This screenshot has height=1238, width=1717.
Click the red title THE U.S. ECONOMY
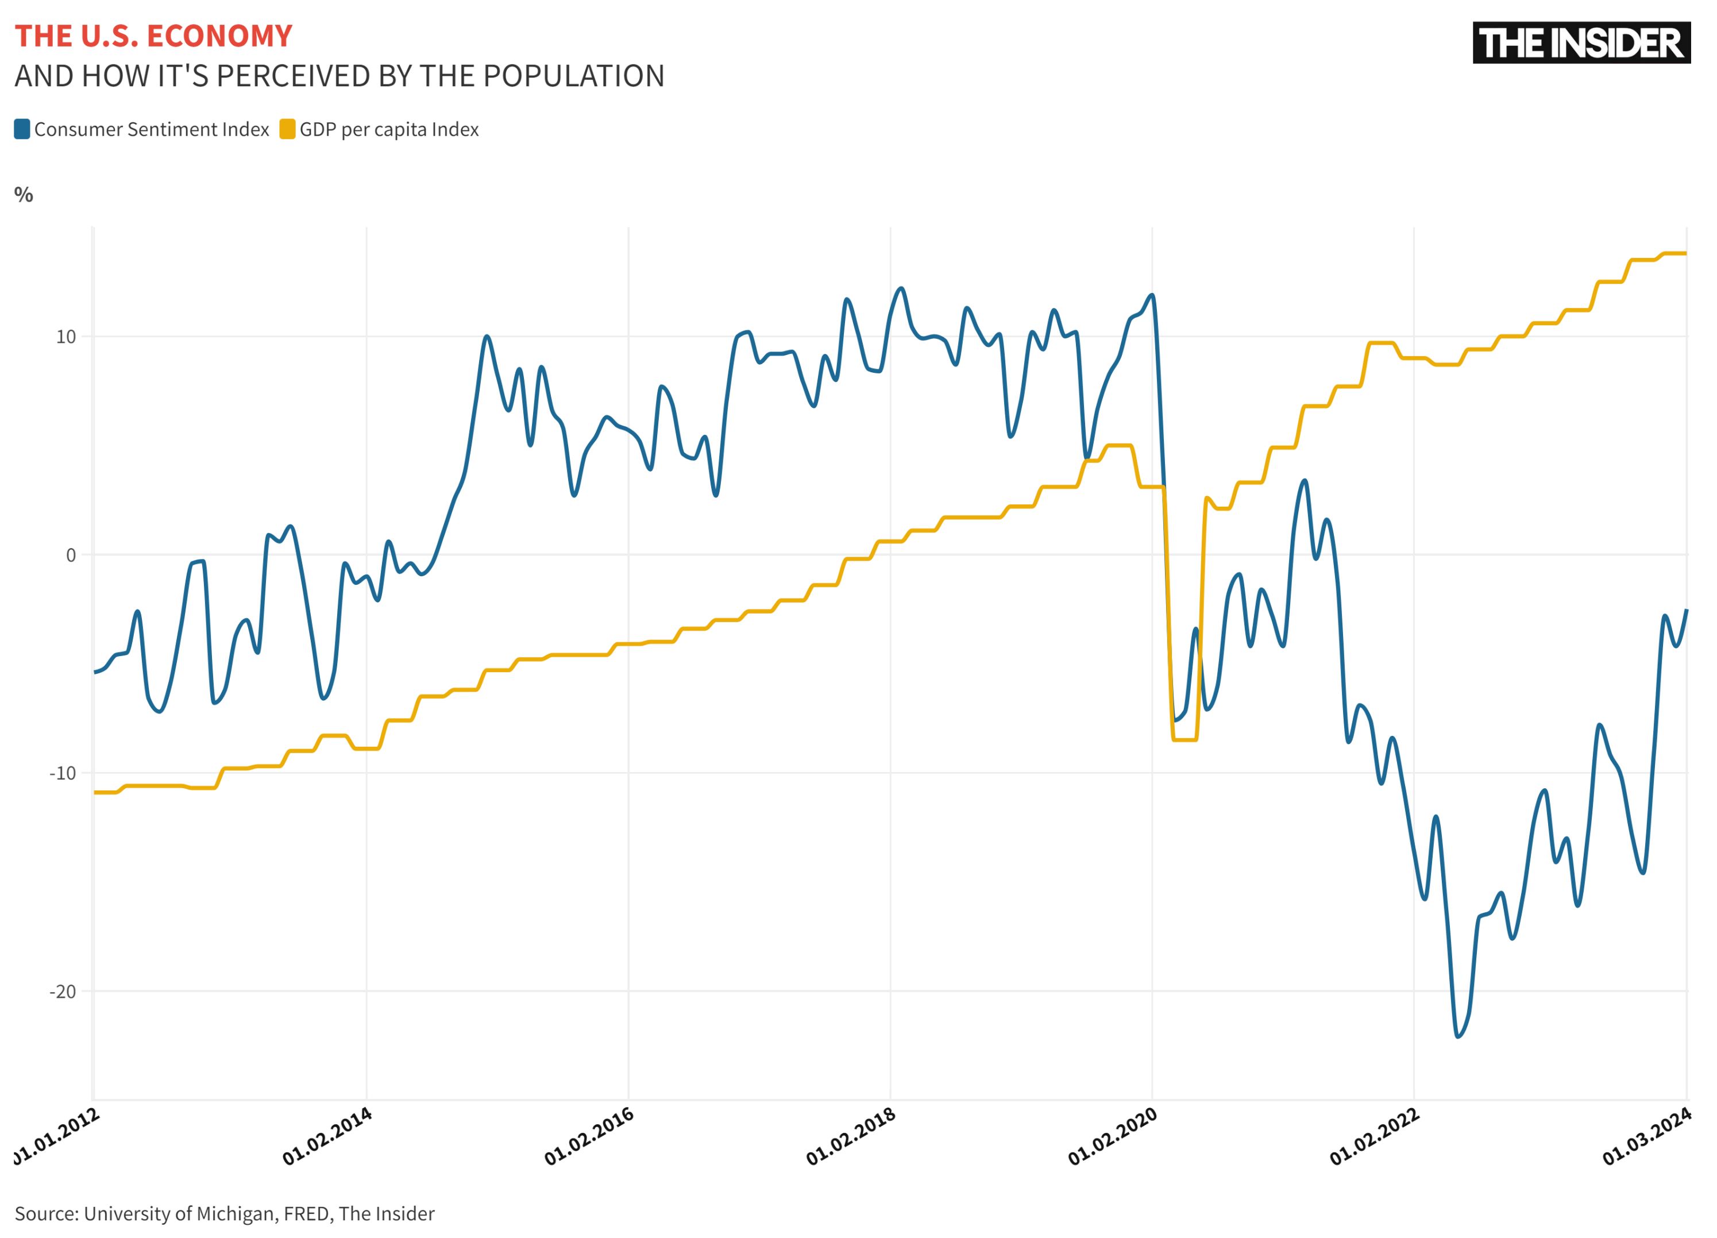[x=153, y=36]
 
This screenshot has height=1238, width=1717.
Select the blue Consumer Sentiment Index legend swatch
[x=22, y=129]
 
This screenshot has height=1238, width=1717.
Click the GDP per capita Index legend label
[x=388, y=129]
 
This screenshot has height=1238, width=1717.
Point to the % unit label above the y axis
[x=24, y=195]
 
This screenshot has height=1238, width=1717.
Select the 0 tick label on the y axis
[x=71, y=555]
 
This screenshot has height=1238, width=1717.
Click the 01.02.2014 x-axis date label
[x=328, y=1136]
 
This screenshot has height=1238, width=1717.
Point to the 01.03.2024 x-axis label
[x=1648, y=1136]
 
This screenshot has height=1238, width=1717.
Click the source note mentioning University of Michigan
[x=224, y=1213]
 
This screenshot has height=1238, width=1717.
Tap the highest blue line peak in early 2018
[x=901, y=288]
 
